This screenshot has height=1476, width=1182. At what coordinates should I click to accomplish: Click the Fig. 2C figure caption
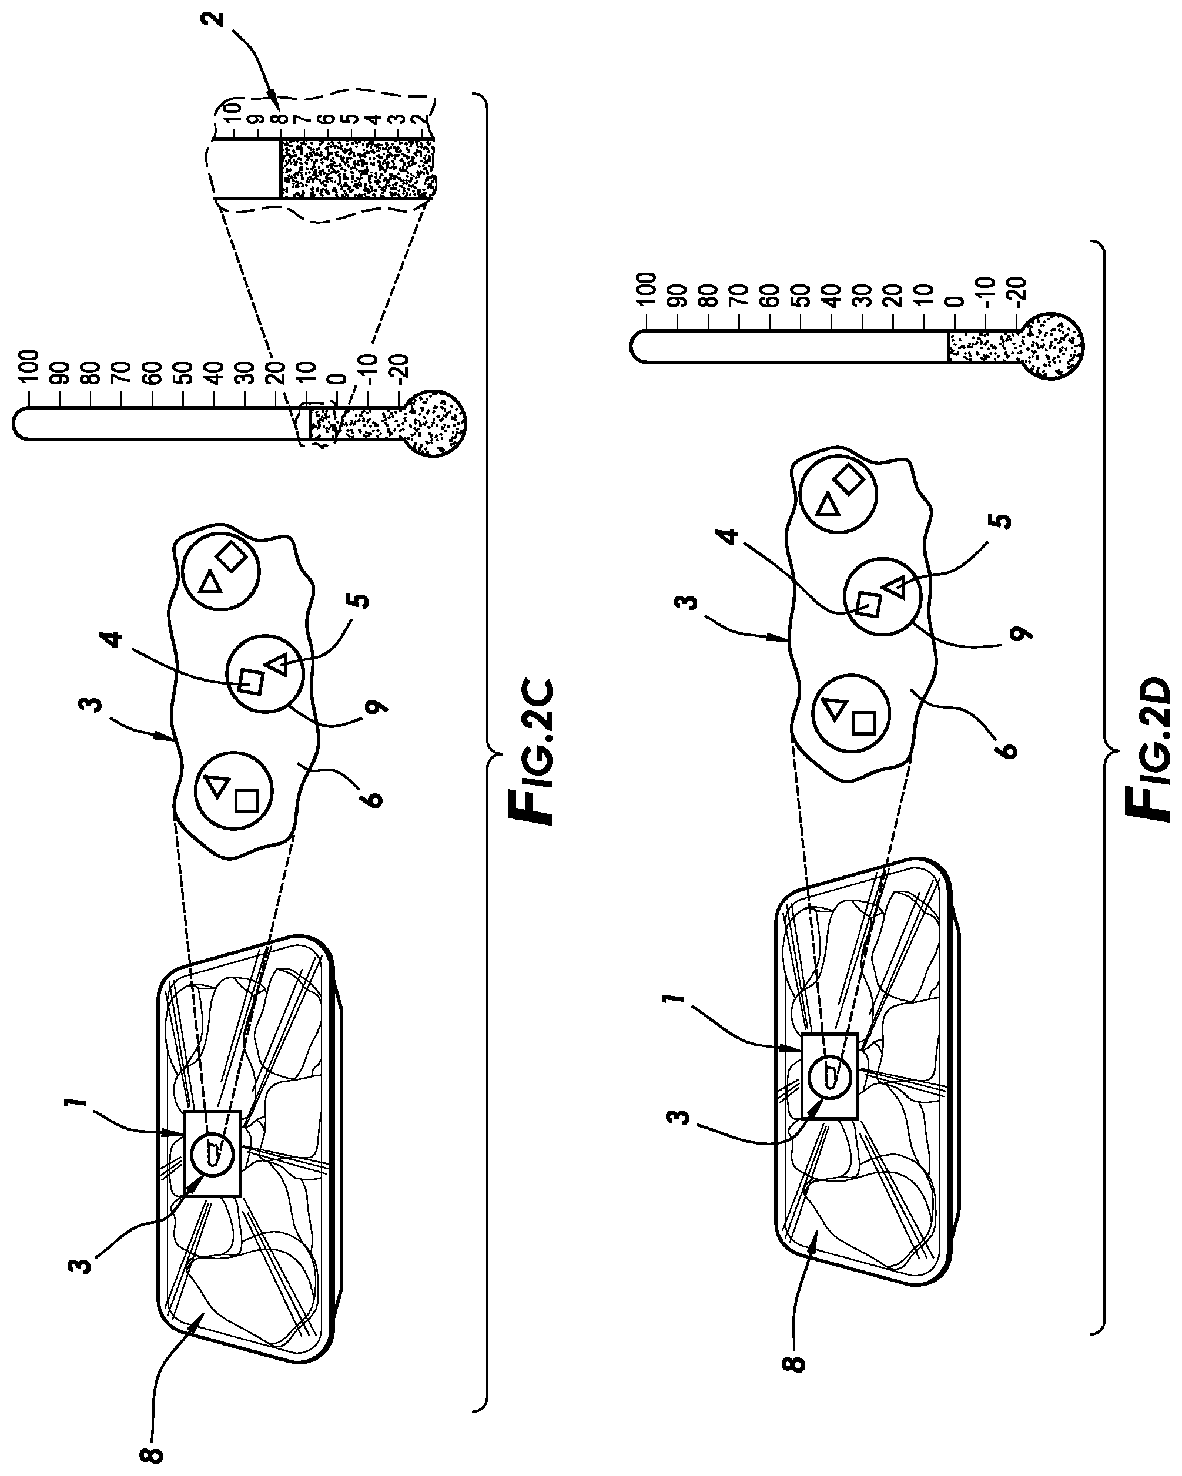coord(531,752)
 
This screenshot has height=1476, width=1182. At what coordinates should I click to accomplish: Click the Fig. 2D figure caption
coord(1148,751)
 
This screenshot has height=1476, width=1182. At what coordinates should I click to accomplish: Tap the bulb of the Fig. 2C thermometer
coord(432,423)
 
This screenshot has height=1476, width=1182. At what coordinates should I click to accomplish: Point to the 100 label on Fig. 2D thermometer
coord(647,290)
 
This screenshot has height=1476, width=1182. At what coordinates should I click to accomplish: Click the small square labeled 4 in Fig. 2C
coord(250,682)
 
